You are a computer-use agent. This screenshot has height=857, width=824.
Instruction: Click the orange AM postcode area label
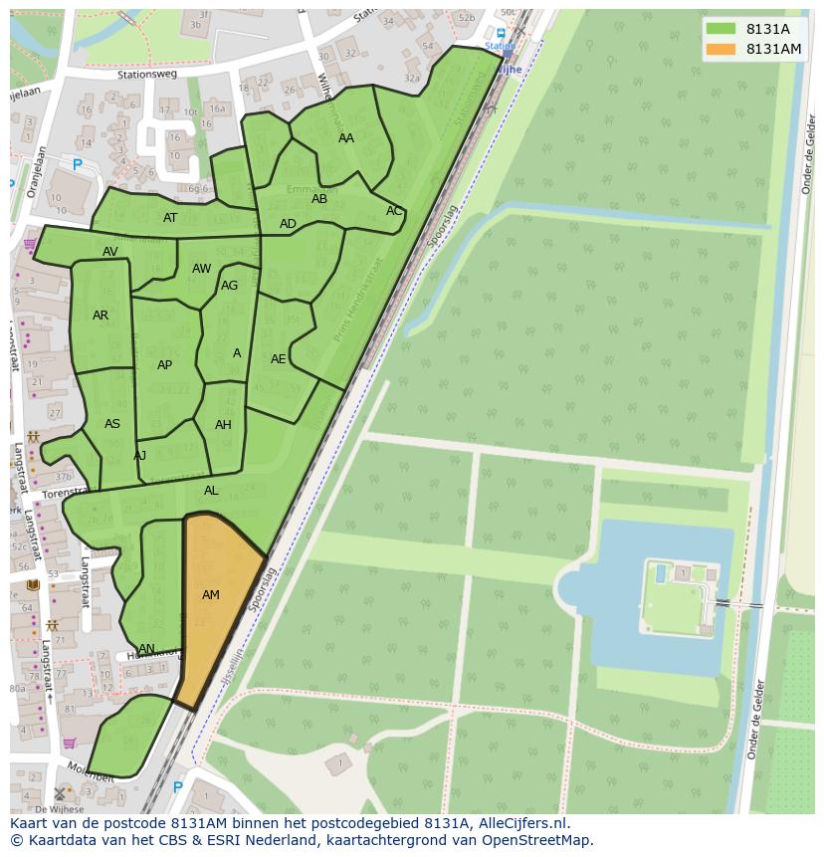point(211,595)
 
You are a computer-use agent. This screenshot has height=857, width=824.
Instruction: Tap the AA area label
point(346,138)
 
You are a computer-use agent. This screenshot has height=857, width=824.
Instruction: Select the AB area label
point(319,199)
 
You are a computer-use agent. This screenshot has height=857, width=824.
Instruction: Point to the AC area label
point(394,211)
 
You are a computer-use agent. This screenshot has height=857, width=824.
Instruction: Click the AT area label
point(170,218)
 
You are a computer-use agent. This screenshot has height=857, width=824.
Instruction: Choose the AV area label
point(110,252)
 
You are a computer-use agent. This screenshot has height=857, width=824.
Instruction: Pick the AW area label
point(202,269)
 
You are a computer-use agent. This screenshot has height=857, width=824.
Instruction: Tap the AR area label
point(101,316)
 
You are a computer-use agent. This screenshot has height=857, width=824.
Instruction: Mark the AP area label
point(165,365)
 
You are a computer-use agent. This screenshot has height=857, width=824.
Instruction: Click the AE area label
point(279,359)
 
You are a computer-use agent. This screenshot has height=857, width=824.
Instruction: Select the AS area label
point(112,424)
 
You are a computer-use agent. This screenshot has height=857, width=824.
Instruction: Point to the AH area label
point(223,425)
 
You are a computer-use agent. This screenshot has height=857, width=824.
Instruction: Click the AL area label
point(211,491)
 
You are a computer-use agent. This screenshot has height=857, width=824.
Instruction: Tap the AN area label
point(146,649)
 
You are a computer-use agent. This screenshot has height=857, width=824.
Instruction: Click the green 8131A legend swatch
point(721,29)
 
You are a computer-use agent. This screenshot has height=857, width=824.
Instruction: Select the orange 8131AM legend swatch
point(721,49)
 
